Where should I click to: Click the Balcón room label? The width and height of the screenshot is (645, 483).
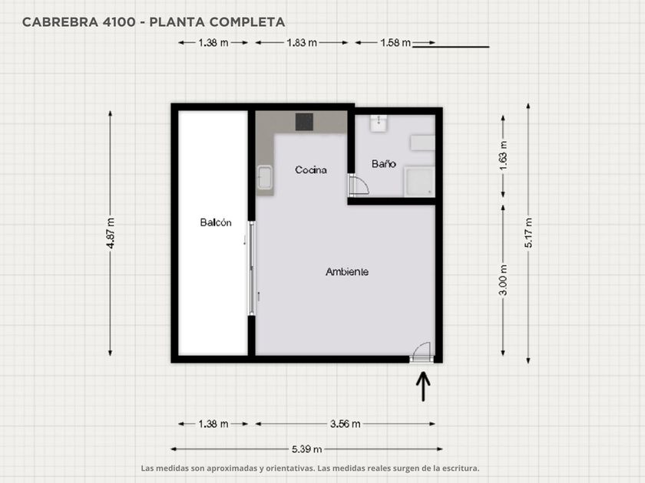(216, 222)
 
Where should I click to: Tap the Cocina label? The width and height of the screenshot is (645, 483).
(311, 169)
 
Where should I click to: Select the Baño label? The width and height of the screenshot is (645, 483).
(383, 164)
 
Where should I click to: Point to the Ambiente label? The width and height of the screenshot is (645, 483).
(347, 271)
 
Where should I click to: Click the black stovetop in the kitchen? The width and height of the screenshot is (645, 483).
(304, 122)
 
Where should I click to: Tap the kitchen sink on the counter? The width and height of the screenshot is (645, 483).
(264, 177)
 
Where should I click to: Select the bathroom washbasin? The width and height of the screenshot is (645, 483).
(378, 123)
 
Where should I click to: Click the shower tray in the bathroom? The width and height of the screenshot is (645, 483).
(418, 181)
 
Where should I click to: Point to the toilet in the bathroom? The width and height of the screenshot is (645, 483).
(422, 143)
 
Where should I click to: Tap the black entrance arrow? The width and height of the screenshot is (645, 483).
(423, 386)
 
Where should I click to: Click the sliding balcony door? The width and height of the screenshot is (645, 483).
(252, 268)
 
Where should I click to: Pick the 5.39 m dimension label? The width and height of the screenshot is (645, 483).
(306, 449)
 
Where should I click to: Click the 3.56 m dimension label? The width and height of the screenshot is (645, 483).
(345, 424)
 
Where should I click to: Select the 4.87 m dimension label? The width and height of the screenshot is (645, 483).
(111, 233)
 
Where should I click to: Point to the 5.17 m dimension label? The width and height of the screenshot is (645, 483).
(528, 233)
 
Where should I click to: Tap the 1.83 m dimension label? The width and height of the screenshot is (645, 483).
(302, 43)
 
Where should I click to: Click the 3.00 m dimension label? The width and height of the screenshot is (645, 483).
(503, 280)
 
